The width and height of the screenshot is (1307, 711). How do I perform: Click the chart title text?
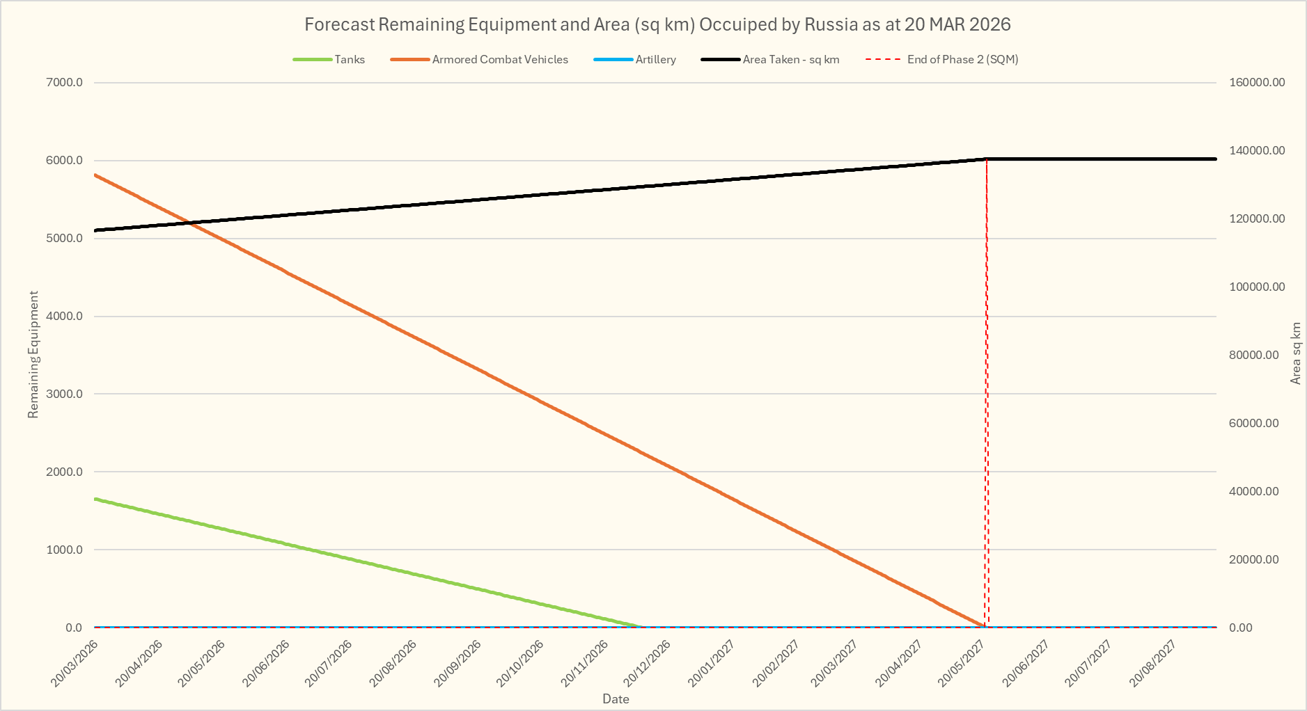click(657, 25)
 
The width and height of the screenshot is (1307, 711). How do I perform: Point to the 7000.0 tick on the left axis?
click(65, 83)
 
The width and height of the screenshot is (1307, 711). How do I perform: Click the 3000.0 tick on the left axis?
click(65, 394)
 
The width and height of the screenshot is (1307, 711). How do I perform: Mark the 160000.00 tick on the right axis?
click(1257, 83)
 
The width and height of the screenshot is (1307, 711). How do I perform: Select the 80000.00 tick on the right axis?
click(1253, 355)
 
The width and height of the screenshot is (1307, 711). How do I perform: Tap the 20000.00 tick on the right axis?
click(1253, 560)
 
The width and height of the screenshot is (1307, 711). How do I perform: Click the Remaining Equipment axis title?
click(33, 355)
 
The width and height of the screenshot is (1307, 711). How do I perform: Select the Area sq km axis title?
click(1296, 353)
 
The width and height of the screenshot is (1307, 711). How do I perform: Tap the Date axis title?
click(616, 699)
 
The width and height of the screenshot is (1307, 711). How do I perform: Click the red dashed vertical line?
click(987, 390)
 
